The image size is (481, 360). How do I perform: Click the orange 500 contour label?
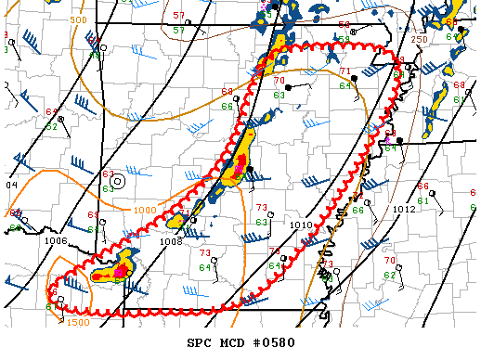pos(78,19)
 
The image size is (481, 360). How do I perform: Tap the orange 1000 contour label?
pos(144,211)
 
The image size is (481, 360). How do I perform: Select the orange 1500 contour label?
pos(78,322)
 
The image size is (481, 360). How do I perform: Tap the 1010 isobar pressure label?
pos(300,225)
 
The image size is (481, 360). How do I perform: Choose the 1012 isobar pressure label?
pos(404,210)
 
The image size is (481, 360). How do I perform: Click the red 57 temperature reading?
pos(178,17)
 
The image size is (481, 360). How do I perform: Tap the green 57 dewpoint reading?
pos(178,30)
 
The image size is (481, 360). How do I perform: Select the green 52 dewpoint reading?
pos(52,126)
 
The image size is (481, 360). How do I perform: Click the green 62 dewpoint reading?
pos(389,276)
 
